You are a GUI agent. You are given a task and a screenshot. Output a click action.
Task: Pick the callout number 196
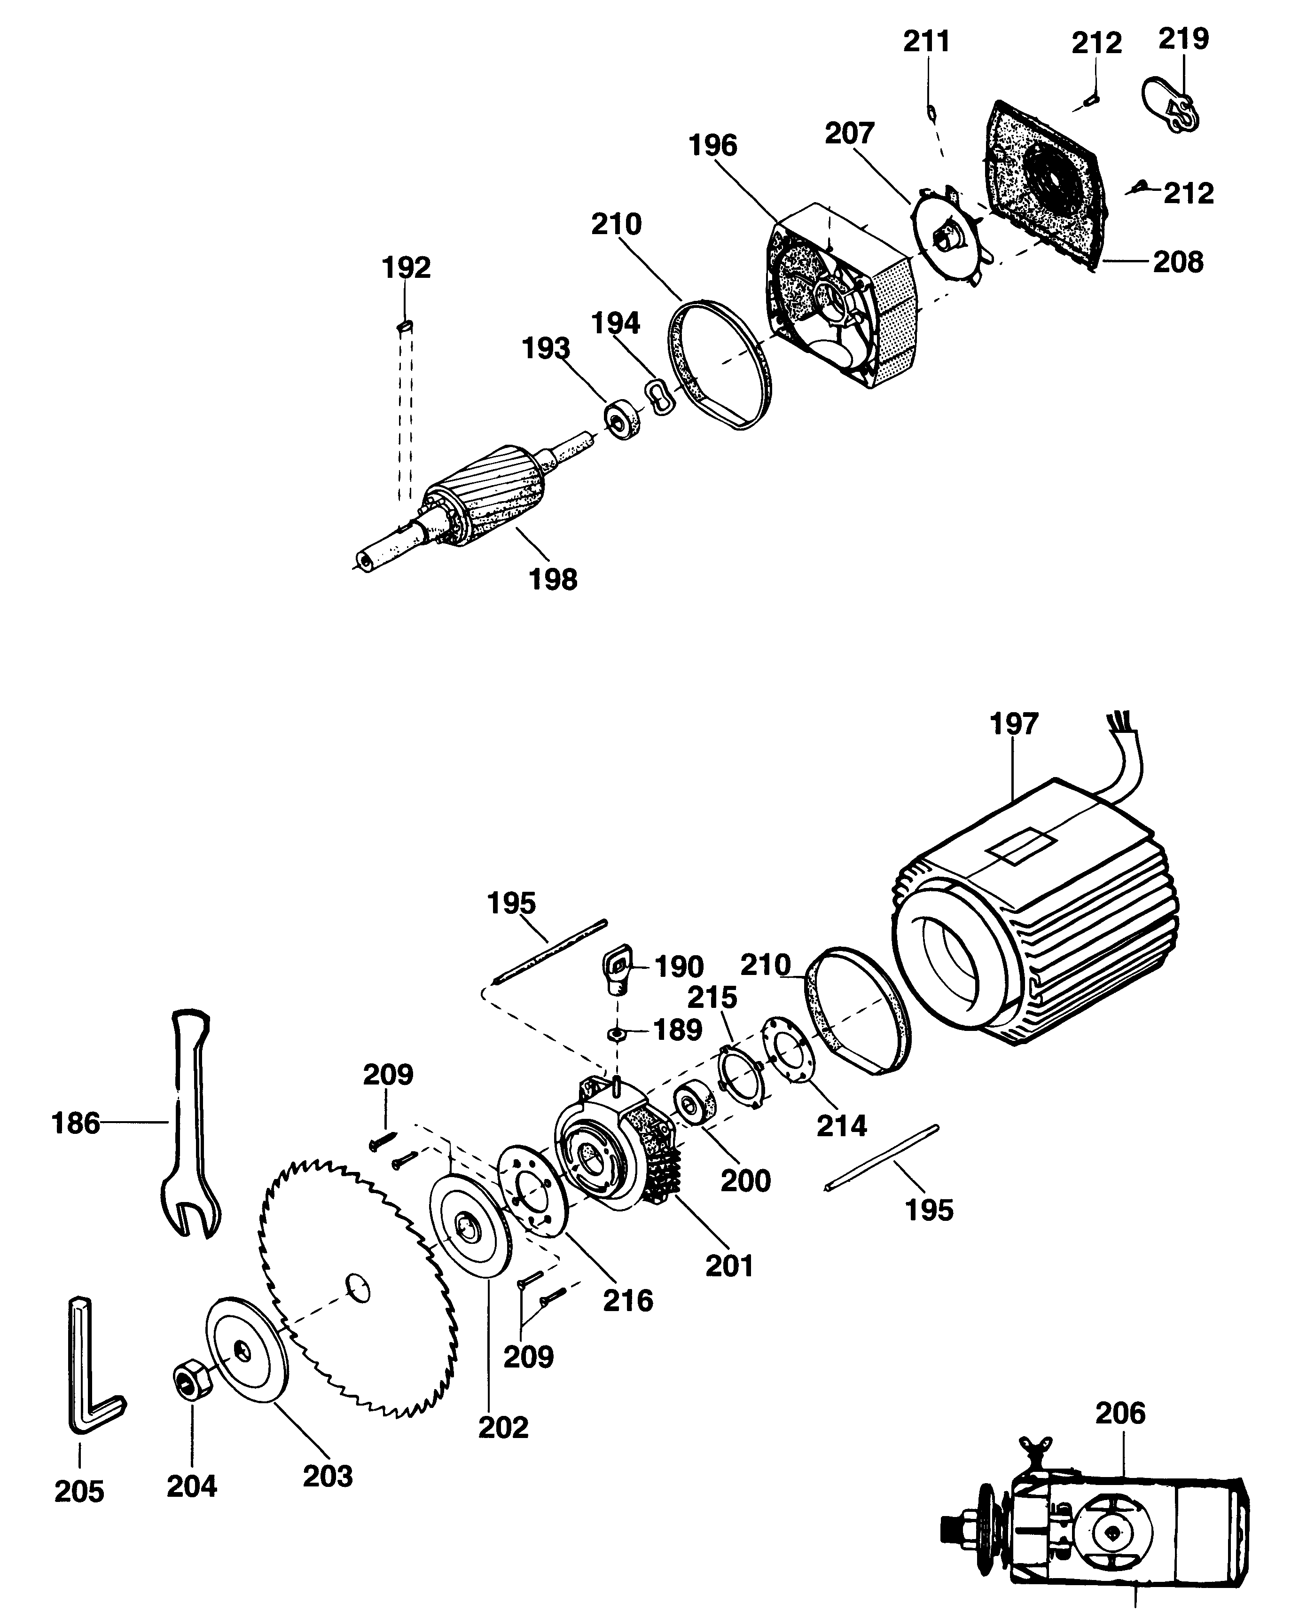point(713,145)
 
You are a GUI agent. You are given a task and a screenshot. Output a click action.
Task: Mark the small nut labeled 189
point(617,1035)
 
